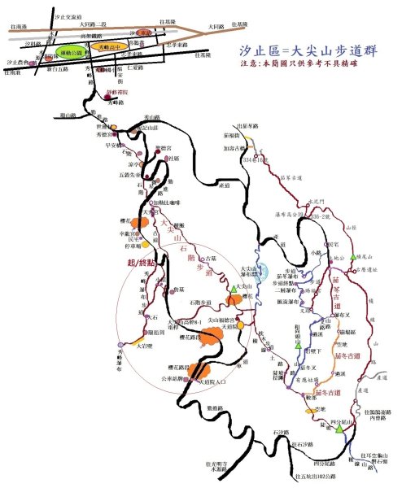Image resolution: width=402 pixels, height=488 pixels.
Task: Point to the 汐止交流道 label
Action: point(66,16)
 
